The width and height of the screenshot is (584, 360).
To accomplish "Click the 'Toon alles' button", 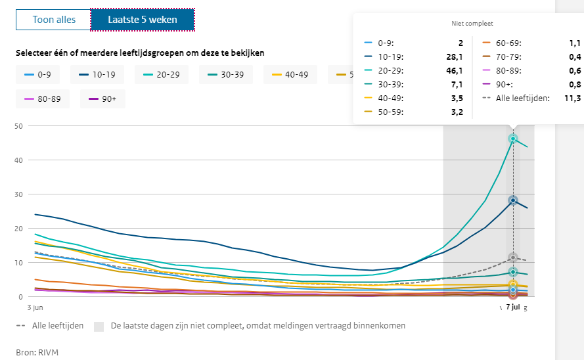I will tap(54, 20).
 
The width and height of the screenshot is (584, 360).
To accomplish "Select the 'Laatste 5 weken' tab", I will tap(143, 20).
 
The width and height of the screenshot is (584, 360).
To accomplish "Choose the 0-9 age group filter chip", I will tap(39, 74).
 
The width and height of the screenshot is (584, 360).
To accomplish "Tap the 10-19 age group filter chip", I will tap(98, 74).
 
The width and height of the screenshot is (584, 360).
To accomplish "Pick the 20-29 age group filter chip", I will tap(161, 74).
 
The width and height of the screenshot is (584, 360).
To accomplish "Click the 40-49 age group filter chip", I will tap(290, 74).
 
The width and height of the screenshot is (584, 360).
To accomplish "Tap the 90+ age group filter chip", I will tap(102, 99).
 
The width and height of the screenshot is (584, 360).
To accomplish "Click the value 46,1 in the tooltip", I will tap(454, 70).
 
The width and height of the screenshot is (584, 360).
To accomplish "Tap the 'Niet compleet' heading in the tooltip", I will tap(467, 23).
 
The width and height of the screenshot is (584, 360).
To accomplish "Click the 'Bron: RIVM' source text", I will tap(37, 351).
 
